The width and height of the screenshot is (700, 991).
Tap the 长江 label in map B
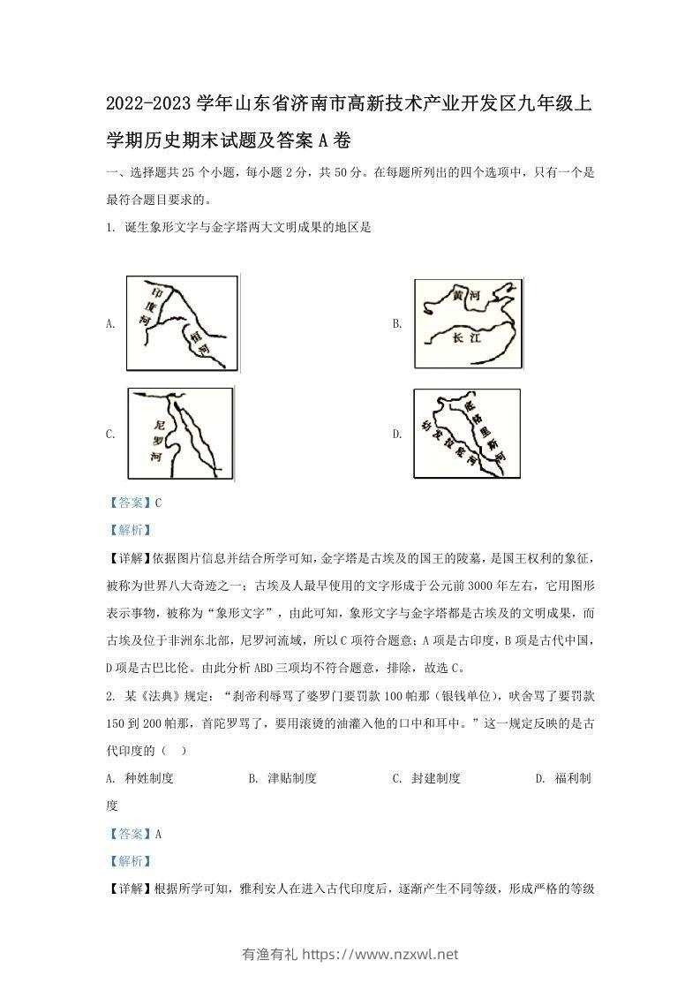463,337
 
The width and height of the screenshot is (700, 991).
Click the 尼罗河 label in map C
158,435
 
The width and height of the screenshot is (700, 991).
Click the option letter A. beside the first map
110,324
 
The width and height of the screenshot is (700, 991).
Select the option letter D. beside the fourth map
397,434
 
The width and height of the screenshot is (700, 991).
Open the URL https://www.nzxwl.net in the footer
380,954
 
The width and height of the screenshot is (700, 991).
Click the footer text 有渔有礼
269,954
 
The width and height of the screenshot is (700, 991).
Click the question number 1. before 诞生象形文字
109,227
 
